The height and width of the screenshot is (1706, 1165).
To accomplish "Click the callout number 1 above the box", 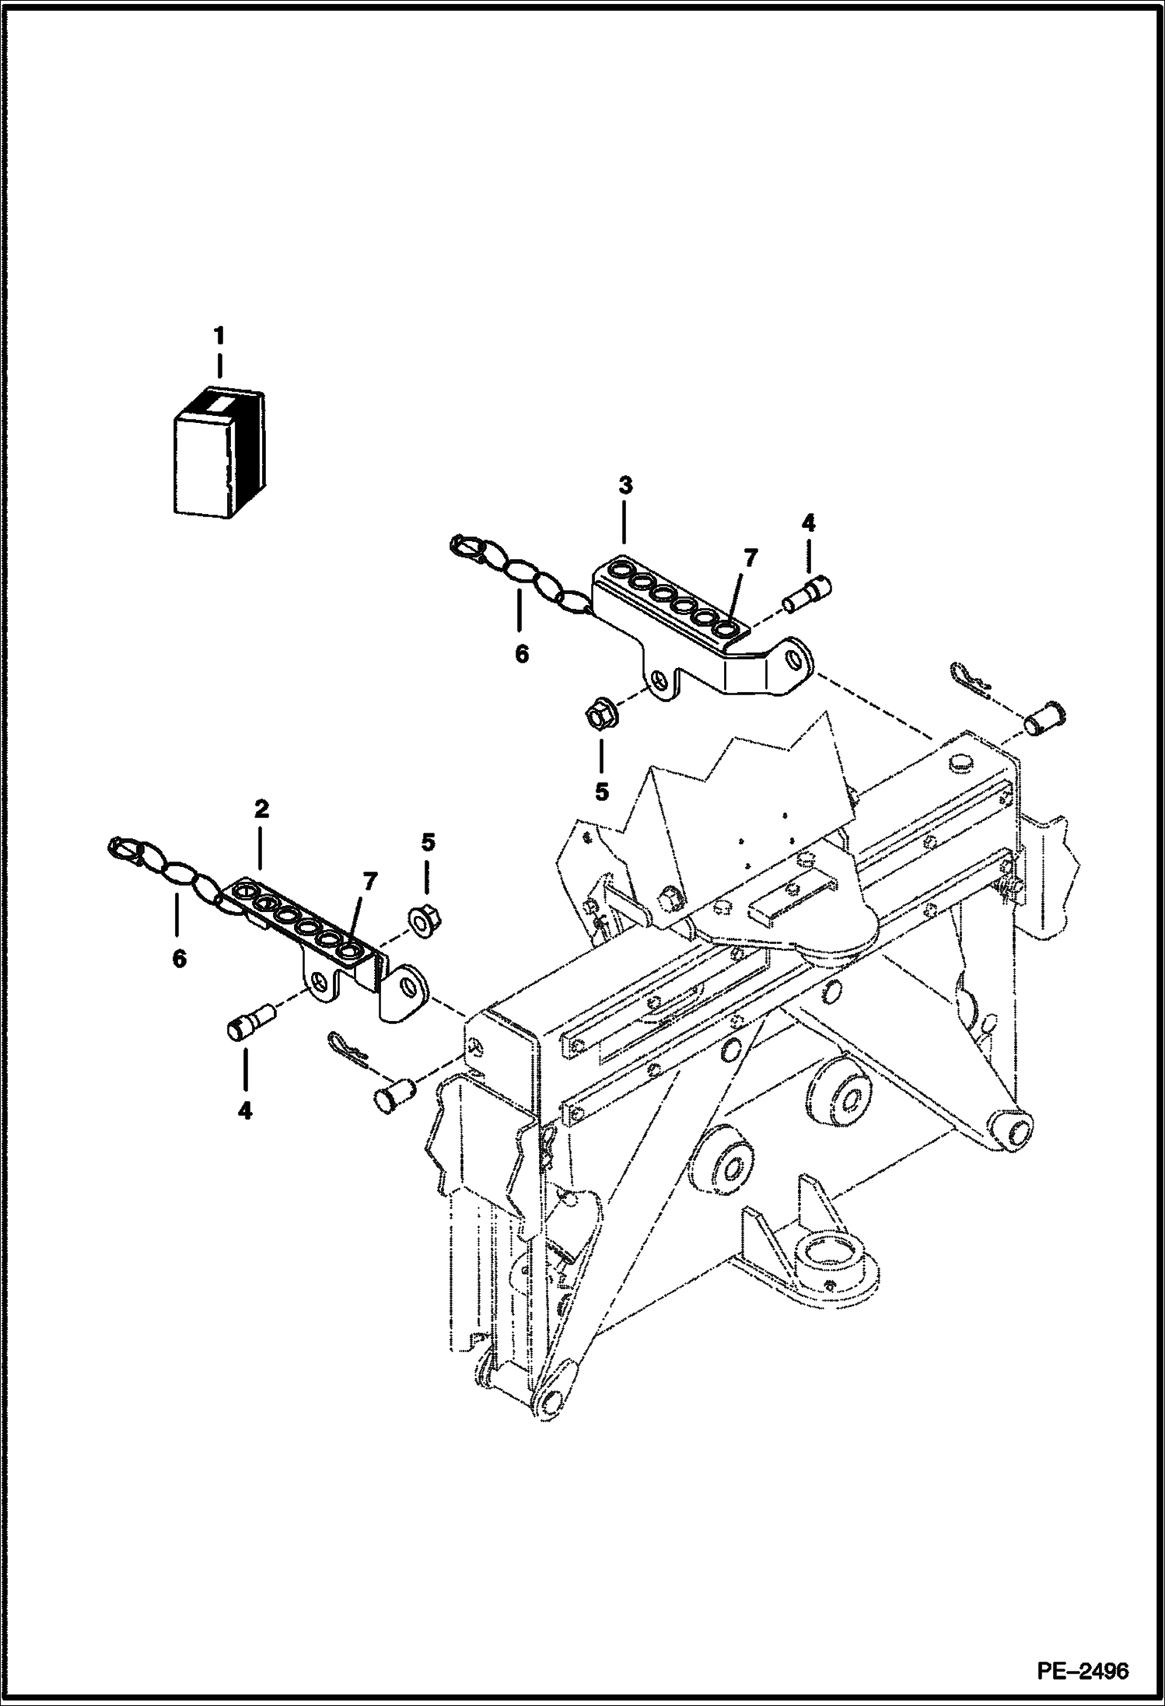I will pos(219,337).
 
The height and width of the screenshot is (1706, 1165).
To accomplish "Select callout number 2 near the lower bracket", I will pos(261,809).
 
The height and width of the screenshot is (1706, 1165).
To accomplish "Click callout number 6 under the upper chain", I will pos(521,655).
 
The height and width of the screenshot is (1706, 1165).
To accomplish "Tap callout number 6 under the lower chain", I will pos(179,960).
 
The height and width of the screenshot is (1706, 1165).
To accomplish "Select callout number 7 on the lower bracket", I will pos(369,881).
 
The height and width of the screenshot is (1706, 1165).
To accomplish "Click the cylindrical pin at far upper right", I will pos(1044,716).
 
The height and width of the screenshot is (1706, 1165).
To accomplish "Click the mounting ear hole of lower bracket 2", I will pos(408,988).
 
